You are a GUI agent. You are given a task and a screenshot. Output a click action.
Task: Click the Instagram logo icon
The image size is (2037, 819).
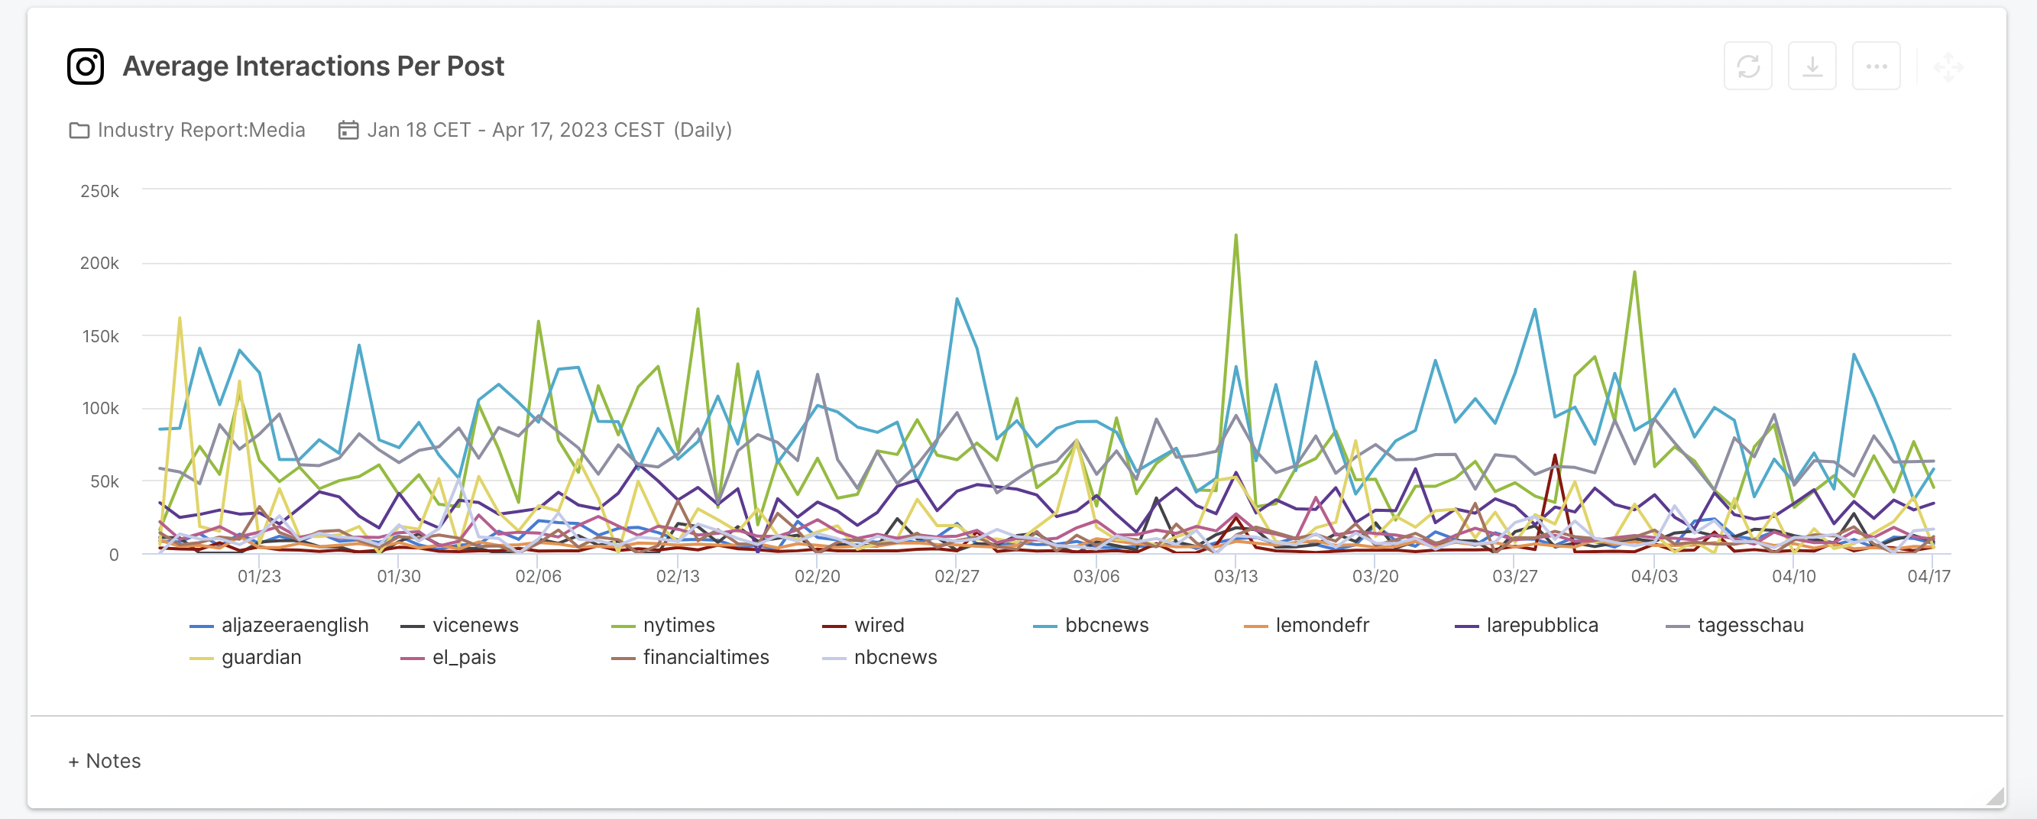[86, 66]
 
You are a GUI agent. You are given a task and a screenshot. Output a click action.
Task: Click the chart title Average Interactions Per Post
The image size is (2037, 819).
[313, 66]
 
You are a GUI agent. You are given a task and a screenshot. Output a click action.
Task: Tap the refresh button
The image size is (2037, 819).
[1747, 66]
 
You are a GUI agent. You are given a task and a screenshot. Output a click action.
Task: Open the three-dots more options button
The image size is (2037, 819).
[1876, 66]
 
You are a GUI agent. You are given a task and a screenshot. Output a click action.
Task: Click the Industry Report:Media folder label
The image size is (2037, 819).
[201, 130]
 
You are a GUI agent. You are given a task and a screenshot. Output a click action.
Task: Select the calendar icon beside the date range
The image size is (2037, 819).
[348, 130]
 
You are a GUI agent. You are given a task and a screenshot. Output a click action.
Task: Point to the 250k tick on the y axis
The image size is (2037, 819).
[99, 191]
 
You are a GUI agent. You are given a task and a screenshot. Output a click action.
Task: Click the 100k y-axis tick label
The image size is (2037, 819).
[99, 409]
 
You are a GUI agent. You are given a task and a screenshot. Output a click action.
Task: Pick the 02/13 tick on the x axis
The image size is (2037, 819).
[678, 576]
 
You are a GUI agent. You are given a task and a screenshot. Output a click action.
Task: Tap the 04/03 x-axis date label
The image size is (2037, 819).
[1654, 576]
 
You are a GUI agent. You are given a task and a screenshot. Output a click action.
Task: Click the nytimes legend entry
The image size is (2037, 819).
[678, 625]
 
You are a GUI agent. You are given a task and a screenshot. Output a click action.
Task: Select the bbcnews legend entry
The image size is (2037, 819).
[1106, 625]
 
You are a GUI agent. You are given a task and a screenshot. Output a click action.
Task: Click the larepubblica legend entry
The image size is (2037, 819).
[1541, 625]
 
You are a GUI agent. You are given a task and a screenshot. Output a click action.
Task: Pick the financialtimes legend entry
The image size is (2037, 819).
[704, 658]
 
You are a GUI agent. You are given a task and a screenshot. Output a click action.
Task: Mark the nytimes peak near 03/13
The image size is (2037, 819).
[1236, 235]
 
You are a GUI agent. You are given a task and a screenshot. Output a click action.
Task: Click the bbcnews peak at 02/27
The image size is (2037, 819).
[957, 299]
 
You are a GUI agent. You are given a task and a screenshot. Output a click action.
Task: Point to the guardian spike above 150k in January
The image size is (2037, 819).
[180, 319]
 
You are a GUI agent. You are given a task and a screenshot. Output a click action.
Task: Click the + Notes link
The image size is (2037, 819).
[105, 761]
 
